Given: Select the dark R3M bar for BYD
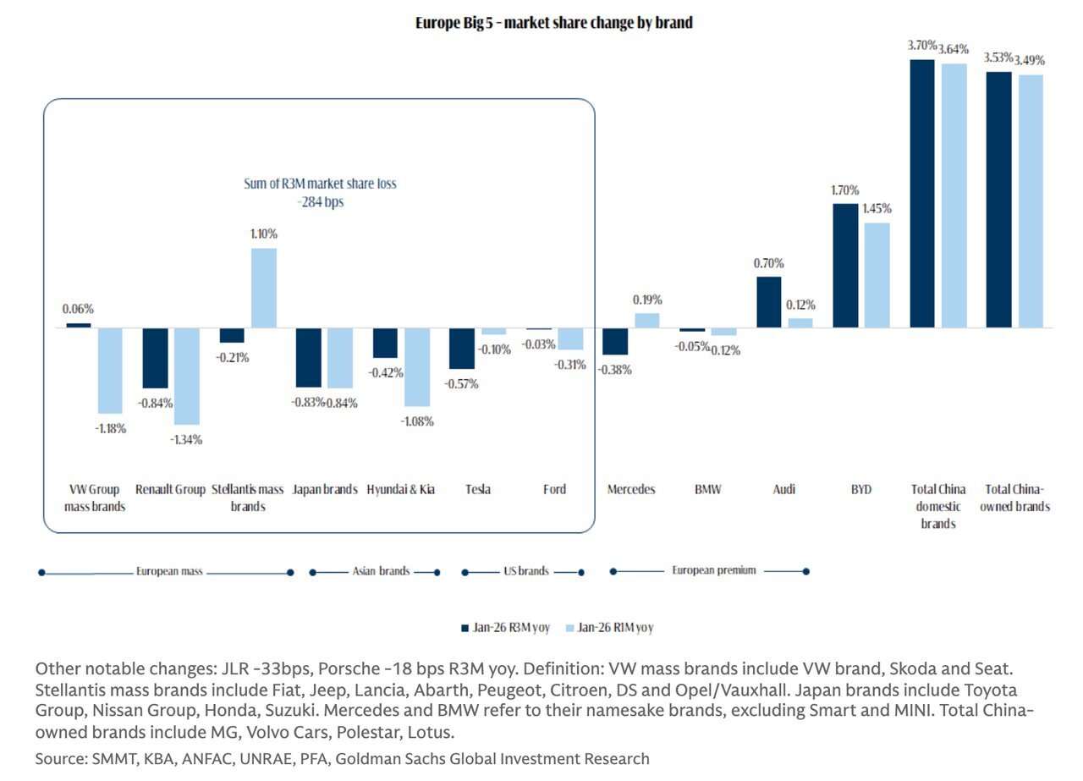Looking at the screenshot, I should click(x=846, y=265).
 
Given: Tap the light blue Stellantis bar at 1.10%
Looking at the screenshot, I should click(x=264, y=288).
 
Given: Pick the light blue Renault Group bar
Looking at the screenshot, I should click(x=187, y=376).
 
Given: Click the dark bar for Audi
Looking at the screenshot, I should click(x=768, y=302).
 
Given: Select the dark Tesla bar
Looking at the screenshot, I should click(x=462, y=348).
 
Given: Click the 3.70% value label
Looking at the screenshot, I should click(x=921, y=46).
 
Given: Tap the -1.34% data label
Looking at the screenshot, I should click(x=186, y=439).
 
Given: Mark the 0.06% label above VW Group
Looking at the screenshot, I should click(x=78, y=309).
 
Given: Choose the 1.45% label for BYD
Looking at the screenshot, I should click(x=877, y=208).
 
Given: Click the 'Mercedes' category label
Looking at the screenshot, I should click(x=631, y=489).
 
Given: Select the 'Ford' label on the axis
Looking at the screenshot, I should click(x=554, y=489).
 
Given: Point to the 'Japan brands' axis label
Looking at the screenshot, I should click(x=325, y=489).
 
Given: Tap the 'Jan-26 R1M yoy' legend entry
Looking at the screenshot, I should click(x=614, y=628).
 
